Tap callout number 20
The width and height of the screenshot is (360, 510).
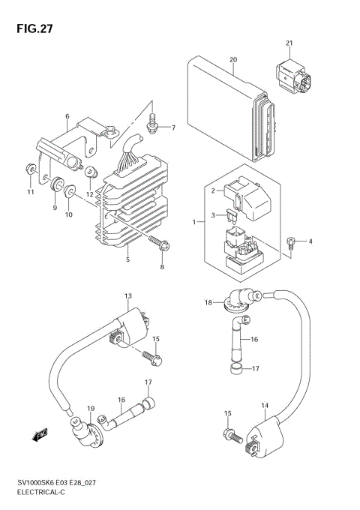pos(232,59)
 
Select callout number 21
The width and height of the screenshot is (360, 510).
pos(289,43)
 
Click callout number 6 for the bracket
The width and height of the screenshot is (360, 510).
pos(67,117)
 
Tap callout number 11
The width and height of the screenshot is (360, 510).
pos(31,193)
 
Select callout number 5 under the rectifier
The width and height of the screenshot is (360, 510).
pos(127,259)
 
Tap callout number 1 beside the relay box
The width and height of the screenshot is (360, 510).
pos(193,223)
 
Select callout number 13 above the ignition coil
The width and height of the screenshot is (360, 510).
pos(128,296)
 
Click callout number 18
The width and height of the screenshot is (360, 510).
pos(208,302)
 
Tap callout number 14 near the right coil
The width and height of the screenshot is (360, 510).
pos(265,406)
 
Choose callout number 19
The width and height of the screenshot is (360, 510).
pos(91,408)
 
